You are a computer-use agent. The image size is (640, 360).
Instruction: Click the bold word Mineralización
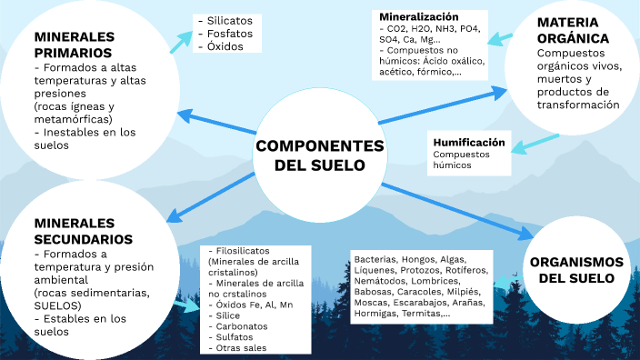pos(419,17)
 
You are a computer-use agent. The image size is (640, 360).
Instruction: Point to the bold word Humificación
pos(468,143)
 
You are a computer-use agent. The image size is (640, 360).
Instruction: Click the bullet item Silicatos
pos(230,20)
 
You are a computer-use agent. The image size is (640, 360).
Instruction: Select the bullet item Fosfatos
pos(230,34)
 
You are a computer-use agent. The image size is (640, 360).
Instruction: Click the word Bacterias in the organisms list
pos(375,259)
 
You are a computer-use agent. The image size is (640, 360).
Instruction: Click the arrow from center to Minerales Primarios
pos(215,124)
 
